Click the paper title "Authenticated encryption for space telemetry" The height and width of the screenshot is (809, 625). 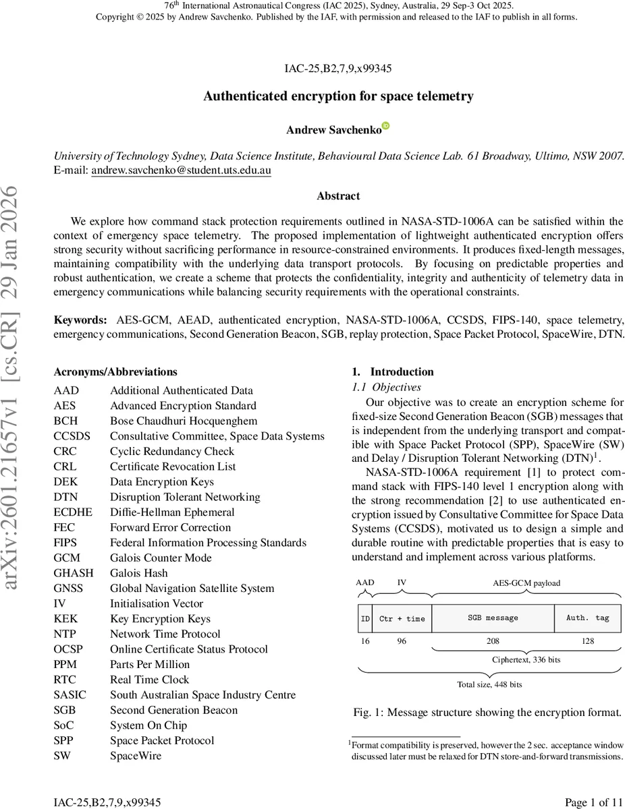tap(338, 96)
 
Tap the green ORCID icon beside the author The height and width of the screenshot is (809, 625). tap(385, 126)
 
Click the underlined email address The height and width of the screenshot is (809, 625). tap(181, 171)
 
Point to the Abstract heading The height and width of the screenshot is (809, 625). tap(338, 196)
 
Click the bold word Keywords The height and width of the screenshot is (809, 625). tap(80, 320)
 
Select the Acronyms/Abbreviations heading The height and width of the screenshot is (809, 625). tap(115, 372)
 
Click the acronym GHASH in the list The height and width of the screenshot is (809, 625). tap(74, 573)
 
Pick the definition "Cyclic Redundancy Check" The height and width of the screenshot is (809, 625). tap(172, 451)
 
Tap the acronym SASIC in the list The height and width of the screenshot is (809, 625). tap(73, 695)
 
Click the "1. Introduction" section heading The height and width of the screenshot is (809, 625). tap(393, 372)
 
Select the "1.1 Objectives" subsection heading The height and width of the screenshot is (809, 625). tap(387, 388)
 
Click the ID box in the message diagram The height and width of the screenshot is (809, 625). tap(365, 618)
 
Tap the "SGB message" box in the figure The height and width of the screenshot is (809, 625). tap(493, 618)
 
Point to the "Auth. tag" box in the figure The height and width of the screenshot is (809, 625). tap(587, 618)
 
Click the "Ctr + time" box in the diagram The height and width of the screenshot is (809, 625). tap(402, 618)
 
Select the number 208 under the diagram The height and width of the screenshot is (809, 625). tap(493, 641)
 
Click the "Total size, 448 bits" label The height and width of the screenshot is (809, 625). tap(489, 684)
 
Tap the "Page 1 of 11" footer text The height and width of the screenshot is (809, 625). tap(593, 802)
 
